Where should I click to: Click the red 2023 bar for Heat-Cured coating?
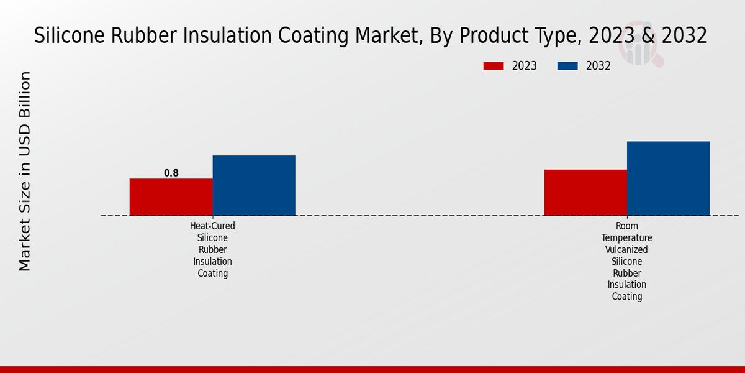[171, 197]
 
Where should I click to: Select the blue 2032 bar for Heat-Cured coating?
[254, 185]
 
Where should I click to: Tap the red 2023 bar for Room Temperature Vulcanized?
[585, 193]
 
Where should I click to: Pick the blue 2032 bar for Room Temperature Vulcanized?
[668, 178]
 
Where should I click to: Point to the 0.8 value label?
[171, 173]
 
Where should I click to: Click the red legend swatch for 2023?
[494, 66]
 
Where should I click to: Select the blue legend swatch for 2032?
[567, 66]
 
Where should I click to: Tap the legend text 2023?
[525, 66]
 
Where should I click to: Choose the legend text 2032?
[598, 66]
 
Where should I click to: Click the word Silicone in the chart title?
[70, 36]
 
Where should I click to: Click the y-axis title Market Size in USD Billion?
[25, 171]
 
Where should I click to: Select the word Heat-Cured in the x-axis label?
[212, 226]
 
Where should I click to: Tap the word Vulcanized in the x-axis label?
[626, 250]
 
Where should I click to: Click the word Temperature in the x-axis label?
[626, 238]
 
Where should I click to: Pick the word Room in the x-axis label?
[626, 226]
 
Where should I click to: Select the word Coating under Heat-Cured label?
[212, 274]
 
